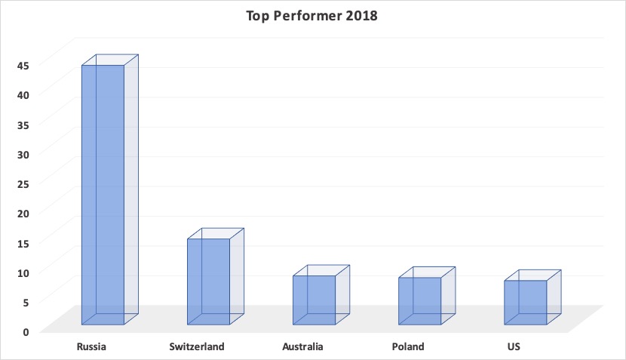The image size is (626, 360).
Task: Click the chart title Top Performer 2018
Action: (x=311, y=16)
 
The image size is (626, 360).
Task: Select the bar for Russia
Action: (x=110, y=189)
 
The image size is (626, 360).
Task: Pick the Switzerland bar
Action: (x=216, y=276)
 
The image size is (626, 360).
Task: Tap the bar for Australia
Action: (x=321, y=295)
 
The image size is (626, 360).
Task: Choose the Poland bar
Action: (x=427, y=296)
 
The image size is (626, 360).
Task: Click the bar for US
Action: (x=532, y=297)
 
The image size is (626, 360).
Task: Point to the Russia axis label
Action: (x=91, y=346)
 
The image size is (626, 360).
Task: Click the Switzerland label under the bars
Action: (x=197, y=346)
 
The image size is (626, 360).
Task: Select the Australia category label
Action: (x=302, y=346)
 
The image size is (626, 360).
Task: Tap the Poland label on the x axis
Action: (x=408, y=346)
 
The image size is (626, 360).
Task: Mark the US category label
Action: (x=514, y=346)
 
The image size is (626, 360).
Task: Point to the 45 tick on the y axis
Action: (x=23, y=66)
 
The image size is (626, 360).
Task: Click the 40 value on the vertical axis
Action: (x=23, y=95)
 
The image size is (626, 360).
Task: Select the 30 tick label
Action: (x=23, y=155)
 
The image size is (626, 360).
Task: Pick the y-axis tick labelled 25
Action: (x=23, y=184)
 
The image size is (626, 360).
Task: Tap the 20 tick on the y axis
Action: (x=23, y=214)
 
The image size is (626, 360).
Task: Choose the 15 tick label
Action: (x=23, y=243)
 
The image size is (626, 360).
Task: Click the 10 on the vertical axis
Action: (x=23, y=273)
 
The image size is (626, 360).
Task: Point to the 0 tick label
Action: (x=26, y=332)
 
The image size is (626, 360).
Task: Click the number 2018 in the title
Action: (x=361, y=16)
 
